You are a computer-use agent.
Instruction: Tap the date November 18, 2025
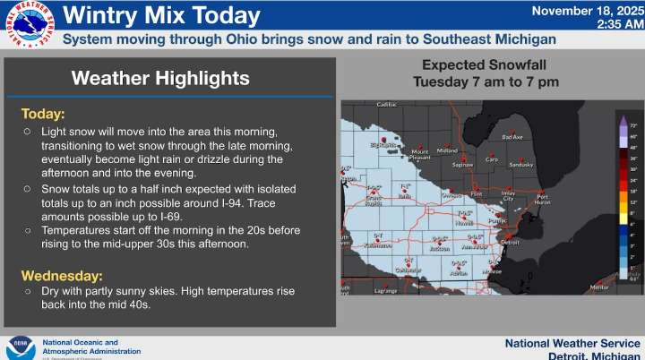pos(588,10)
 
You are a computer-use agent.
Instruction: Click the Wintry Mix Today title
pos(162,15)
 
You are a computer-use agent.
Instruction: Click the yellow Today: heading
pos(43,114)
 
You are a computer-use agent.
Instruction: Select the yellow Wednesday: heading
pos(62,274)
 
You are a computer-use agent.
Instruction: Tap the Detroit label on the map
pos(510,242)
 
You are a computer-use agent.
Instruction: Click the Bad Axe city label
pos(512,137)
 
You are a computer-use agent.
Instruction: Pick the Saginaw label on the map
pos(462,165)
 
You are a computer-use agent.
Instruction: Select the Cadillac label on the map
pos(386,105)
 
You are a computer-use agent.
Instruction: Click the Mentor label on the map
pos(598,287)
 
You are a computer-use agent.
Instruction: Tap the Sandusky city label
pos(521,165)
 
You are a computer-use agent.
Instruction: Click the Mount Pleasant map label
pos(419,154)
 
